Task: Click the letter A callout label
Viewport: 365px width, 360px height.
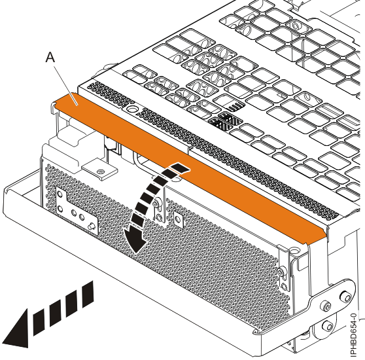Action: (x=50, y=58)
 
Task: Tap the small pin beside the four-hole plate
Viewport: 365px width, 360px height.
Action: (x=92, y=226)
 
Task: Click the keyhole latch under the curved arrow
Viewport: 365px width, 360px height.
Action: (x=158, y=213)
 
